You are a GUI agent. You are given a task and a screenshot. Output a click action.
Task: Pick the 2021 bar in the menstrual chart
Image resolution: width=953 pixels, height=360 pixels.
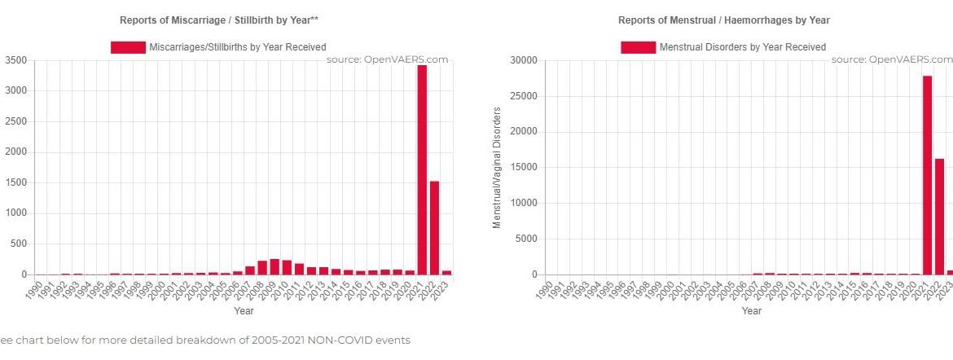point(927,175)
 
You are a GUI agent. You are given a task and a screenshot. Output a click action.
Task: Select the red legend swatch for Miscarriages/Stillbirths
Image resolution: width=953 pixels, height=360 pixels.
point(127,47)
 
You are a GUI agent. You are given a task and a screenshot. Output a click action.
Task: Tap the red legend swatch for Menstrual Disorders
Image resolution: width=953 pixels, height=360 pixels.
point(638,47)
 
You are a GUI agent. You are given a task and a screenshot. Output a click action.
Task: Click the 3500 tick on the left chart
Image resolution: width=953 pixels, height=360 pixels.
point(16,61)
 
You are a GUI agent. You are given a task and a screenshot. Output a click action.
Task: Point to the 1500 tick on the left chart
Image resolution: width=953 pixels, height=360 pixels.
point(16,183)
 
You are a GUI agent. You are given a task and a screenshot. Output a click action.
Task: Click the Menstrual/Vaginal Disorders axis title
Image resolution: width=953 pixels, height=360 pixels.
point(497,168)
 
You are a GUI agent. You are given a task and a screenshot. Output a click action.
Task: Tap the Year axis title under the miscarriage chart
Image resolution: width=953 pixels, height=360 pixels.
point(244,310)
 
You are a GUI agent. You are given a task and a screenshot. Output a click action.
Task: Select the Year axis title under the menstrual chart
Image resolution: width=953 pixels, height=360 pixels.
point(752,310)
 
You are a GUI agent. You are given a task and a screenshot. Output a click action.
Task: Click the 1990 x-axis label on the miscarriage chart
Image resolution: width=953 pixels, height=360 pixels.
point(35,289)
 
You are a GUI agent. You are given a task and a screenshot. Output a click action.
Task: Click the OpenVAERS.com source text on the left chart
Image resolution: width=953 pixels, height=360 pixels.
point(388,59)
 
